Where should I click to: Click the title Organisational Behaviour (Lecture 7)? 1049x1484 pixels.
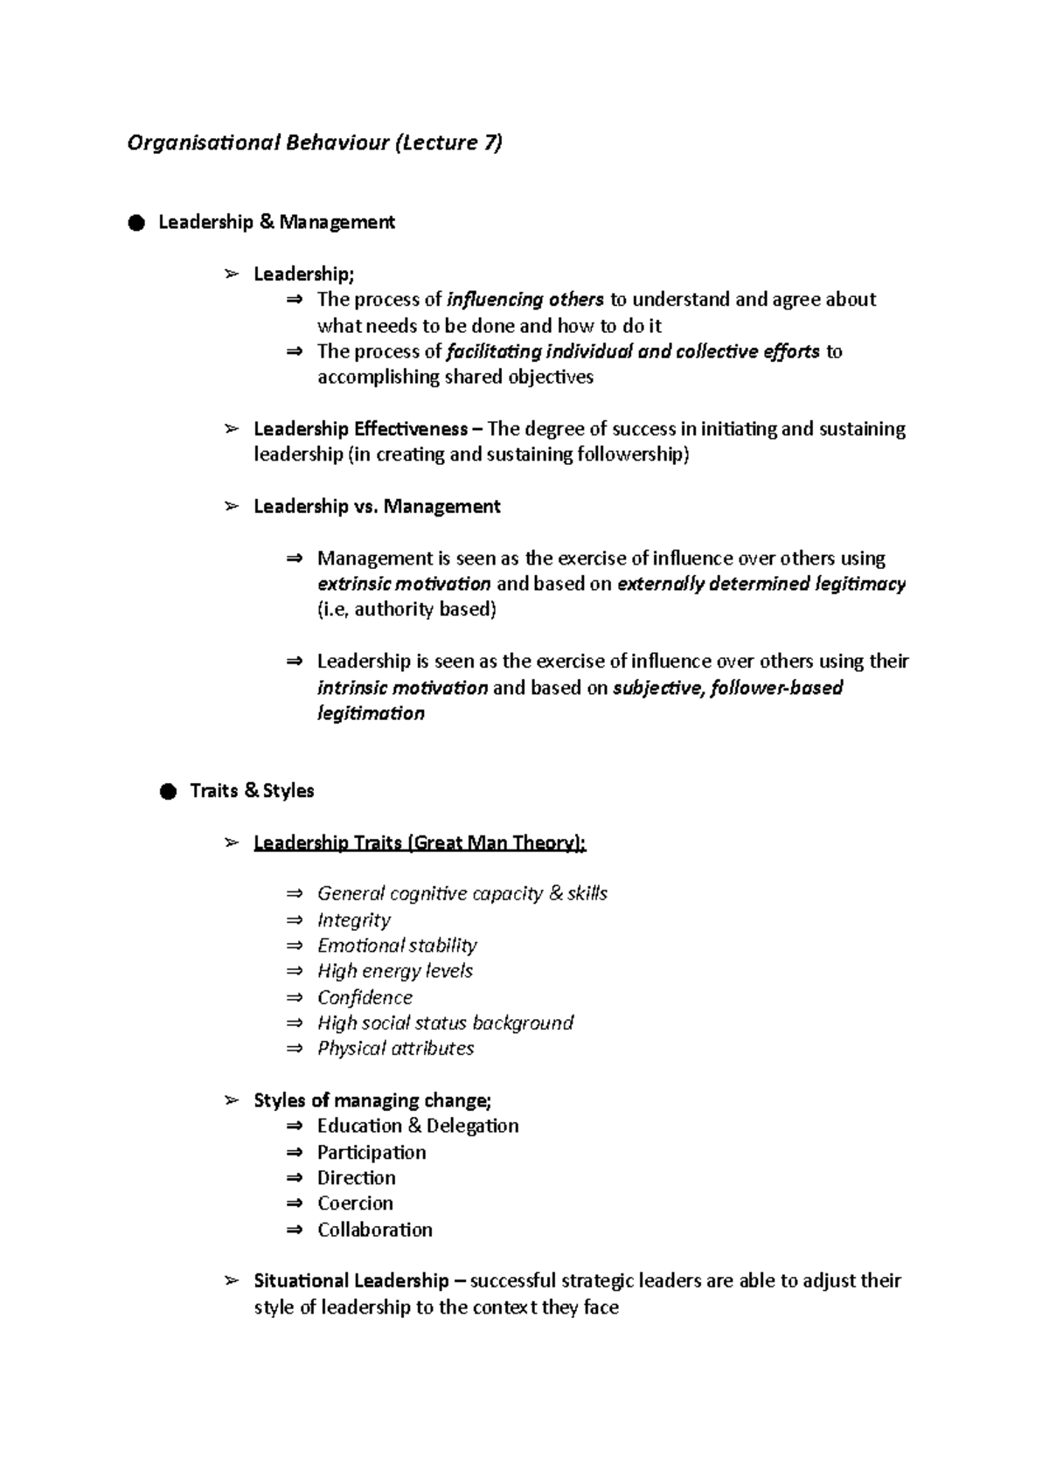tap(315, 142)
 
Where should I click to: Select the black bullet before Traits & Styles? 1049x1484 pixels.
tap(168, 792)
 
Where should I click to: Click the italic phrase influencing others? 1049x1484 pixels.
tap(525, 300)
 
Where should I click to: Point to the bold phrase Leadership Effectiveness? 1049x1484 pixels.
tap(360, 429)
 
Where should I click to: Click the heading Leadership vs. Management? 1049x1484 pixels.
tap(377, 507)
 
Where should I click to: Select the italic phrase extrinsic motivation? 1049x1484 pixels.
tap(404, 584)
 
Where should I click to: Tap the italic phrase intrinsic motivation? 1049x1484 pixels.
tap(402, 688)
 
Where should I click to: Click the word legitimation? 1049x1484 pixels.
tap(371, 713)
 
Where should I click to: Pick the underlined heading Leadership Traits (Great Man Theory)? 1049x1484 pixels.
tap(420, 843)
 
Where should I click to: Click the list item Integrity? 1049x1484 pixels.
tap(353, 920)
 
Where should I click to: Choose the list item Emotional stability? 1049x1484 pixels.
tap(397, 946)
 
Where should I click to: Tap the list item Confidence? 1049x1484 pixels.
tap(365, 997)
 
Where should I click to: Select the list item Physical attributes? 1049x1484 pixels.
tap(395, 1049)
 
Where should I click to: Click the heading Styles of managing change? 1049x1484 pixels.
tap(372, 1100)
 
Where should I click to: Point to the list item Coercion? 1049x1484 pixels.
tap(355, 1203)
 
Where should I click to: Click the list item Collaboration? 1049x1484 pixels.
tap(374, 1230)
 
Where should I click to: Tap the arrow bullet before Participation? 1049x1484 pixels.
tap(295, 1153)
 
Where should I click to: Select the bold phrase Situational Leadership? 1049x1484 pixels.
tap(351, 1281)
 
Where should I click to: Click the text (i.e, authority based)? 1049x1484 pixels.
tap(406, 609)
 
